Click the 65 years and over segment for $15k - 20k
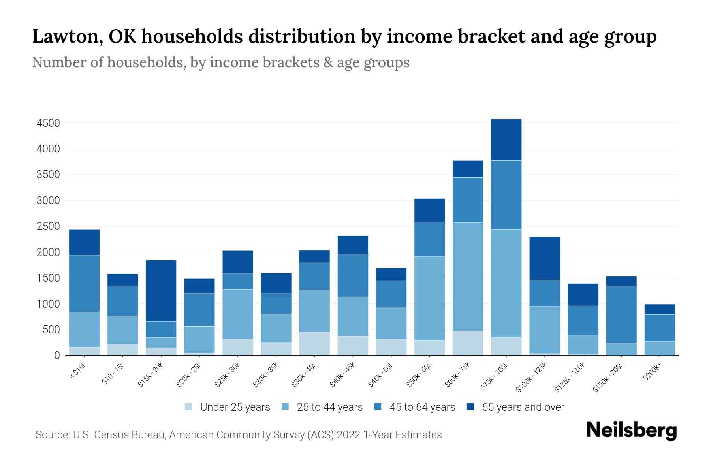tap(161, 291)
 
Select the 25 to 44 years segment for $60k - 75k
tap(468, 277)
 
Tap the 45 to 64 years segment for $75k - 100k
tap(506, 195)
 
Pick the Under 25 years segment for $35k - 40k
tap(314, 344)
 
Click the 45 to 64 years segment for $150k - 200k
tap(621, 314)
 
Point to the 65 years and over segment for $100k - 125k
tap(544, 258)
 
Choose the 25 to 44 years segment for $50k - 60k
tap(429, 298)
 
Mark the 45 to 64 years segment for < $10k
tap(84, 284)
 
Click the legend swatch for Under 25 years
tap(189, 407)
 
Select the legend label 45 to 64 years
tap(422, 407)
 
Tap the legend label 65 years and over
tap(523, 407)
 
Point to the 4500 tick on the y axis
tap(49, 123)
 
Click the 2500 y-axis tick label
tap(49, 227)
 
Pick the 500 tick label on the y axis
tap(52, 330)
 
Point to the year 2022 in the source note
tap(348, 435)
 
